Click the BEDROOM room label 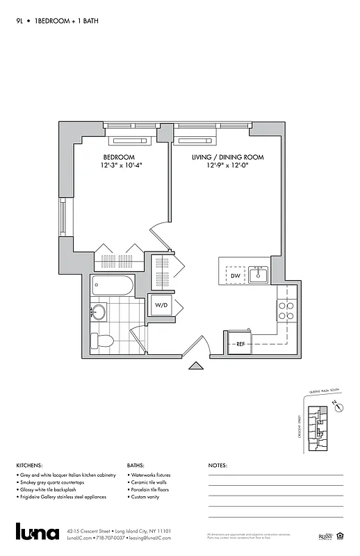tap(119, 157)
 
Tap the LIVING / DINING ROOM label tap(228, 157)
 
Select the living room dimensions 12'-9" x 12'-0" tap(228, 167)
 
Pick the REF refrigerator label tap(240, 343)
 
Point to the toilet tap(104, 341)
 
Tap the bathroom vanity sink tap(99, 312)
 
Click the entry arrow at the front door tap(198, 367)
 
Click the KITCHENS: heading tap(30, 465)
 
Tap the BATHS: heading tap(136, 465)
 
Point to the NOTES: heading tap(218, 465)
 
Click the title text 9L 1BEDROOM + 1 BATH tap(57, 21)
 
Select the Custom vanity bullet tap(147, 498)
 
